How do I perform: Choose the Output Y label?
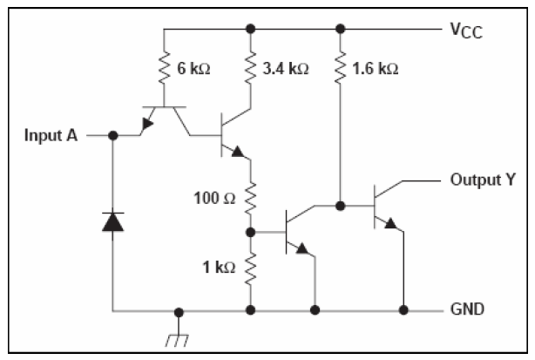(x=479, y=182)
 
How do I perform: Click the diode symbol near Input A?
(x=113, y=221)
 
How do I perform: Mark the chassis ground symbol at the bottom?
(x=178, y=331)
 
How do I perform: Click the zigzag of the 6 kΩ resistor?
(x=163, y=68)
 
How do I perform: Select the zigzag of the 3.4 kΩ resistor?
(x=252, y=68)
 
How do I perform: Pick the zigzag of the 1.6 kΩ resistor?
(x=339, y=68)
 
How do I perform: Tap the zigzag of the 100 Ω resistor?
(x=252, y=199)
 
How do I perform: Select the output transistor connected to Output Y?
(x=383, y=207)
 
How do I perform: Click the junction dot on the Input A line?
(x=113, y=135)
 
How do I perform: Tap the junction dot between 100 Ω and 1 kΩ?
(x=252, y=233)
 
